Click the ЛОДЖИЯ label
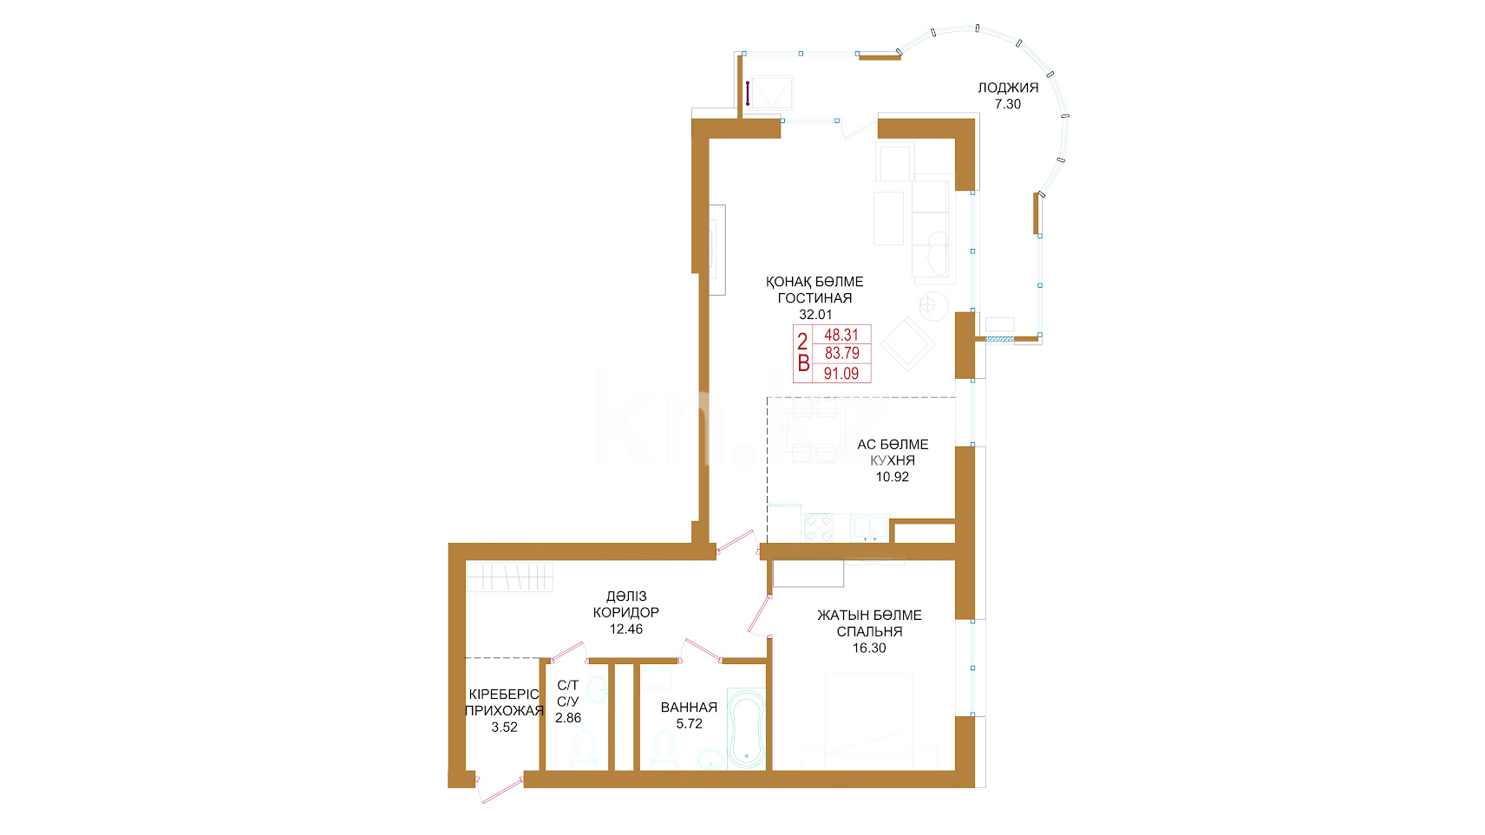[x=1008, y=88]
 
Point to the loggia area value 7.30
[x=1008, y=104]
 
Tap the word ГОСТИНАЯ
[x=814, y=298]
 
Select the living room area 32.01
[x=815, y=315]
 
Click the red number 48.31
[x=841, y=336]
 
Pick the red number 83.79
[x=842, y=353]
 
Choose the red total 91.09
[x=841, y=374]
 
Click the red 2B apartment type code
[x=803, y=353]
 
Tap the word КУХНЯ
[x=893, y=460]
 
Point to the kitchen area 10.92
[x=893, y=477]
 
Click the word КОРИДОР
[x=625, y=612]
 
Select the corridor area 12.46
[x=625, y=629]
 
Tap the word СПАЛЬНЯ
[x=869, y=631]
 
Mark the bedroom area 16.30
[x=869, y=648]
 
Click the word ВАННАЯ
[x=689, y=707]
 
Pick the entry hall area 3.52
[x=505, y=727]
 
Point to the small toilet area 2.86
[x=568, y=718]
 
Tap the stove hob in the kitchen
[x=819, y=528]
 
